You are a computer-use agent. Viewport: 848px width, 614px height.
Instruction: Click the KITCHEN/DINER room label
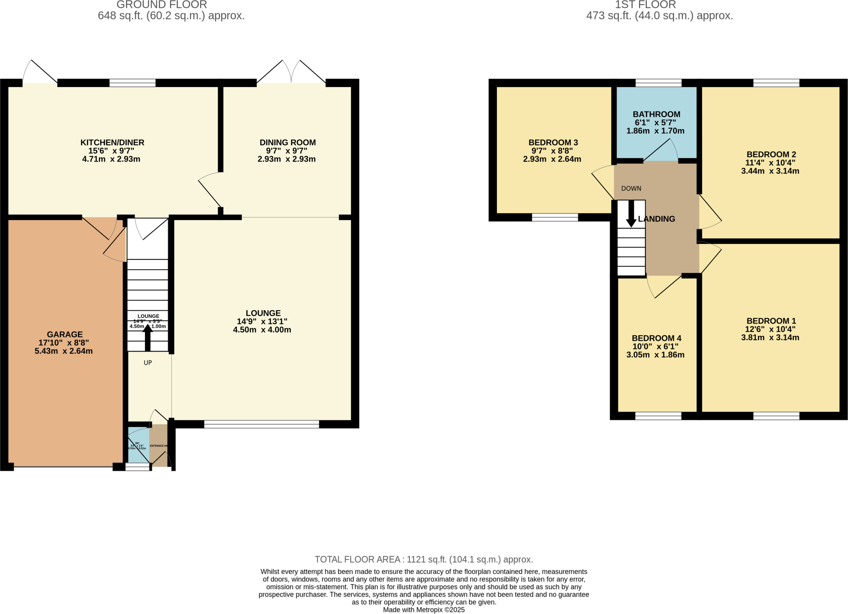click(112, 143)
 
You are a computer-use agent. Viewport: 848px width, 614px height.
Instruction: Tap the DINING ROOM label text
click(287, 143)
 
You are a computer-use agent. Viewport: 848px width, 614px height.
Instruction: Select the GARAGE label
click(65, 334)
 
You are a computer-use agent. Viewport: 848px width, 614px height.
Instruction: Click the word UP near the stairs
click(148, 363)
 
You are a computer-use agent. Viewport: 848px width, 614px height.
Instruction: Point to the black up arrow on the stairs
click(147, 337)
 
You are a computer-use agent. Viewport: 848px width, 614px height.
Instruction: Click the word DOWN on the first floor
click(631, 189)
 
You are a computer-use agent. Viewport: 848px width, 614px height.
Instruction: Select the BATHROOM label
click(656, 114)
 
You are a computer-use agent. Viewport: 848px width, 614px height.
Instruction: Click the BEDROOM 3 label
click(553, 143)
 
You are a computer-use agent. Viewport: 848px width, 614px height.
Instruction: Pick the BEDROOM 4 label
click(656, 338)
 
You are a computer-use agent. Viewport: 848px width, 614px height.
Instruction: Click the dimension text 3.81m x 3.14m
click(770, 338)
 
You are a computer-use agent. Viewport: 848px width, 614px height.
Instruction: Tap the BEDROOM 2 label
click(771, 155)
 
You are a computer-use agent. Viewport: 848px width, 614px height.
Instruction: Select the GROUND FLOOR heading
click(161, 5)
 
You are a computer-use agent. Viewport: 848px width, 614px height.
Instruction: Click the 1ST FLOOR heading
click(645, 5)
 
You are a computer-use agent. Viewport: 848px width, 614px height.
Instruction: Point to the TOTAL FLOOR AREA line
click(424, 560)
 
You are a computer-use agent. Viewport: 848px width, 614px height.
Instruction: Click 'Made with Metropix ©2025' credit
click(424, 610)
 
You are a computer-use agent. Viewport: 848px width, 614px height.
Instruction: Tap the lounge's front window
click(262, 424)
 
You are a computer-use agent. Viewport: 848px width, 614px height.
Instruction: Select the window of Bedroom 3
click(555, 217)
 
